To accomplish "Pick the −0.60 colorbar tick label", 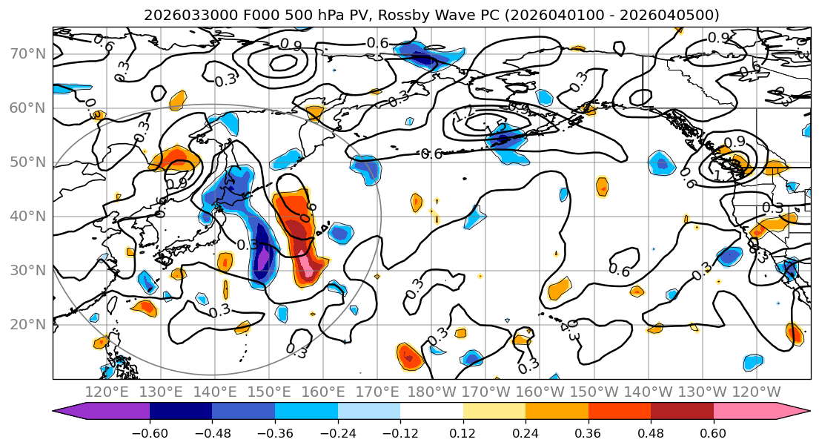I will tap(149, 432).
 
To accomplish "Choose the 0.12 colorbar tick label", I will tap(462, 432).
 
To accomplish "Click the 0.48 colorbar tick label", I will tap(651, 432).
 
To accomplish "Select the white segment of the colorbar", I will tap(431, 412).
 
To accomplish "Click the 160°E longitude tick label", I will tap(323, 392).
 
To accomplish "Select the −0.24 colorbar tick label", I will tap(337, 432).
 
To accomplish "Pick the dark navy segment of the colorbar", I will tap(181, 412).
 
